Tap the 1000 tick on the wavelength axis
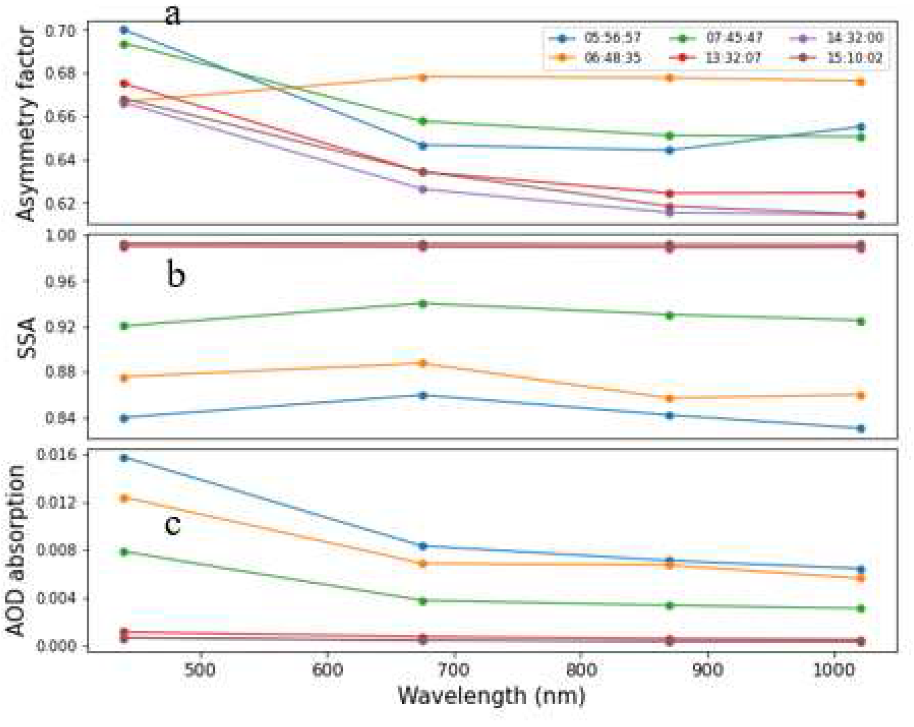834,670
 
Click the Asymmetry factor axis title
26,124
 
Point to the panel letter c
172,525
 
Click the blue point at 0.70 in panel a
124,30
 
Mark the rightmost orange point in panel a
861,82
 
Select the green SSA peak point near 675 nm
422,304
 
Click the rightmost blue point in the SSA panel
861,429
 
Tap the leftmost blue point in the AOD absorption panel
124,457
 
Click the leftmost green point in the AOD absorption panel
124,552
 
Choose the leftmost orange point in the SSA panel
124,377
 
